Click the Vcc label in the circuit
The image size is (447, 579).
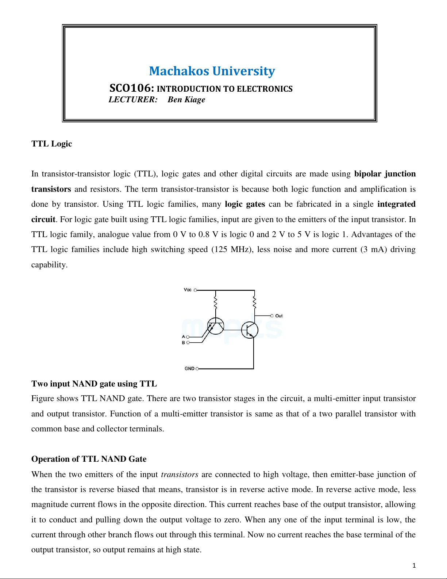(188, 290)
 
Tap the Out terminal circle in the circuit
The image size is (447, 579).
(272, 316)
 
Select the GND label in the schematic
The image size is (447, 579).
(189, 369)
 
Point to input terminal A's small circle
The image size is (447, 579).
(188, 337)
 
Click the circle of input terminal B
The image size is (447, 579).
(188, 343)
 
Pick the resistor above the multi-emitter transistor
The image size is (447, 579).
(216, 303)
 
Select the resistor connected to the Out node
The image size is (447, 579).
(254, 303)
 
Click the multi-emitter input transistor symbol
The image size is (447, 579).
(215, 326)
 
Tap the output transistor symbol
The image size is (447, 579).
(250, 330)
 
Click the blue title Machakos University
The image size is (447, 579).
(212, 71)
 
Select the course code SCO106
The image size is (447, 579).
(132, 88)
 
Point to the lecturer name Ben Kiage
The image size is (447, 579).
(186, 100)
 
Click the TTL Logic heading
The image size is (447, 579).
(52, 144)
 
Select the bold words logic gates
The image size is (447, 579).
(245, 204)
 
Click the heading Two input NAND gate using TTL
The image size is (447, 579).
(94, 384)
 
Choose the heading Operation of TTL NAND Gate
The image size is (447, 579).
(89, 459)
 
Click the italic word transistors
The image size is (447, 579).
(180, 475)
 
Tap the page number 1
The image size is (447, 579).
(414, 566)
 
